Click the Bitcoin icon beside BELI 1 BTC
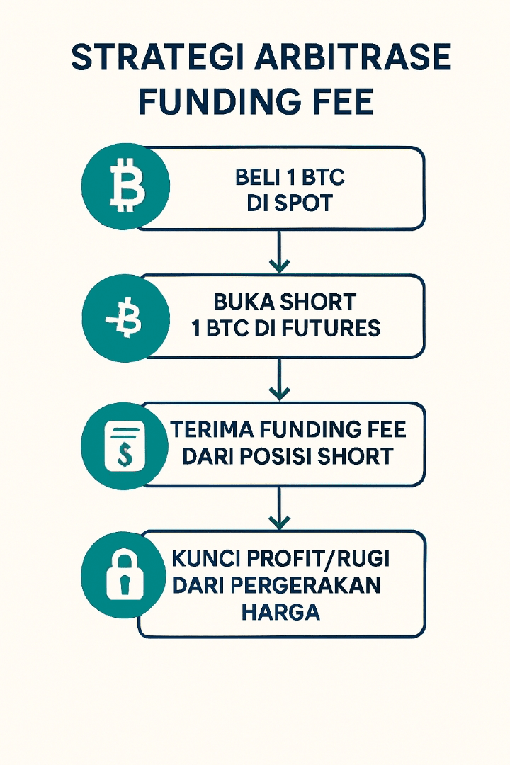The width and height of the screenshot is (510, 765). point(126,186)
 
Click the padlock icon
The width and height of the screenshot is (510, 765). point(125,574)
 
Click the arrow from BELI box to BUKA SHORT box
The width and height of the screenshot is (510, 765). point(280,252)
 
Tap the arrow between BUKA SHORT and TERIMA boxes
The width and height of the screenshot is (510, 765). point(280,380)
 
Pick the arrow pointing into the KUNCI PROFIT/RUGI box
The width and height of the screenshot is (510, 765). point(280,509)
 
